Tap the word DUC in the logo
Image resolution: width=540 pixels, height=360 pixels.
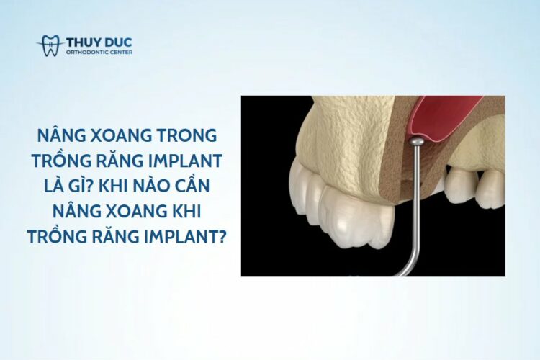pos(118,42)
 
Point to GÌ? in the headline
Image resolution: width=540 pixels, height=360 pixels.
pos(81,185)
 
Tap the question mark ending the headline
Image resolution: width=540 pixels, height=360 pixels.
pos(222,237)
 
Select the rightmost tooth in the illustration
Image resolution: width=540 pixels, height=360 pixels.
pos(492,189)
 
